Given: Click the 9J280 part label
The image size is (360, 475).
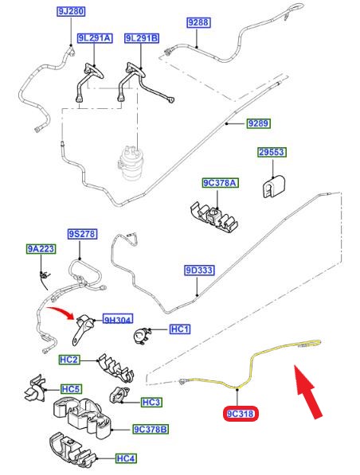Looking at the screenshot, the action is point(71,11).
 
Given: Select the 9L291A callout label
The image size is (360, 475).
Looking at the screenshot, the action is point(95,38).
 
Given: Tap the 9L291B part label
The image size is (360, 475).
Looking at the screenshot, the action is point(142,38).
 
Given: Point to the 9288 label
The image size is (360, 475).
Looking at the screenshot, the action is point(198,22).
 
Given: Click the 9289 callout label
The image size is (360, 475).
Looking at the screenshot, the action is point(258,123).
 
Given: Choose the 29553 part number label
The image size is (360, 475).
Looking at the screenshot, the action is point(272,152).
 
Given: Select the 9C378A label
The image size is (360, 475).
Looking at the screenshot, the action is point(220,183).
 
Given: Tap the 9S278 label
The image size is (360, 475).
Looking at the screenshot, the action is point(82,234).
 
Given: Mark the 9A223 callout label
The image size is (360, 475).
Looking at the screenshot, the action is point(41,249).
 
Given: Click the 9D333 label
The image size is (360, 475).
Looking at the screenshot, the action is point(199,271).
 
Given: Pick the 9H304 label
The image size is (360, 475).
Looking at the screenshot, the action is point(118,320).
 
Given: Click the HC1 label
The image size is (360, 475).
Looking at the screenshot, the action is point(180,329).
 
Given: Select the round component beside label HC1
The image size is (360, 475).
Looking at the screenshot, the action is point(142,336).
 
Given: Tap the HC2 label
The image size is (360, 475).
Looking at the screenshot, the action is point(69,360).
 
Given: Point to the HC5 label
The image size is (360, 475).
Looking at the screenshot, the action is point(71,389).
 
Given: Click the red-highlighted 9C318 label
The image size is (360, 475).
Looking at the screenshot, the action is point(241,414).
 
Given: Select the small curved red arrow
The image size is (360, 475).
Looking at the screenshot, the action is point(61,312).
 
